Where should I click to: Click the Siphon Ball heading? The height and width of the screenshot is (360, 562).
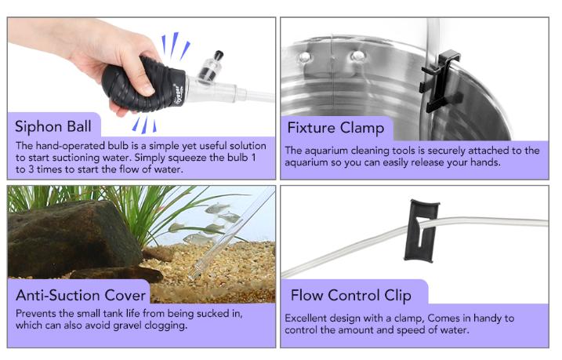pyautogui.click(x=53, y=126)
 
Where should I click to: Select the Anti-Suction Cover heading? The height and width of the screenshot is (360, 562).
pyautogui.click(x=81, y=296)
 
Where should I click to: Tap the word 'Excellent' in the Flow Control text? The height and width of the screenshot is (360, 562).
pyautogui.click(x=308, y=318)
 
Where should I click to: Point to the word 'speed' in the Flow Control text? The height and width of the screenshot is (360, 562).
pyautogui.click(x=430, y=330)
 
